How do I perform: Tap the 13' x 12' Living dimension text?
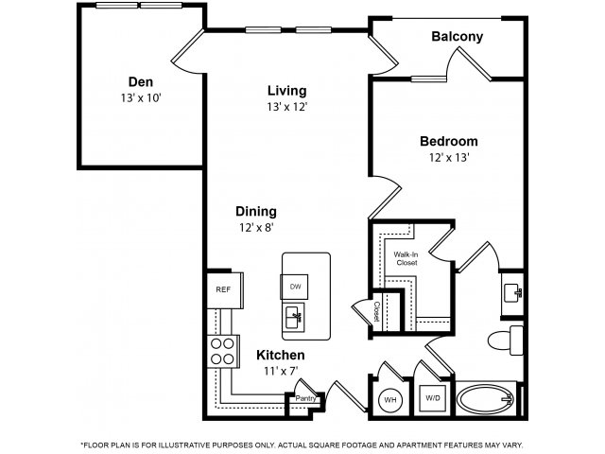pyautogui.click(x=285, y=107)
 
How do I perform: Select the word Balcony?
pyautogui.click(x=457, y=37)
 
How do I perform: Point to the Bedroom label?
pyautogui.click(x=448, y=141)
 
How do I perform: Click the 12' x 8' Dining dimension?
pyautogui.click(x=257, y=228)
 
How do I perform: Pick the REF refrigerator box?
pyautogui.click(x=223, y=289)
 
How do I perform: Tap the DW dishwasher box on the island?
pyautogui.click(x=295, y=286)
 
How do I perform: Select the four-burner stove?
pyautogui.click(x=222, y=351)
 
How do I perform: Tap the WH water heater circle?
pyautogui.click(x=389, y=399)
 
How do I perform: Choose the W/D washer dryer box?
pyautogui.click(x=433, y=399)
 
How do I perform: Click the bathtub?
pyautogui.click(x=486, y=399)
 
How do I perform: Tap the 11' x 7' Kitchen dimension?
pyautogui.click(x=280, y=372)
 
